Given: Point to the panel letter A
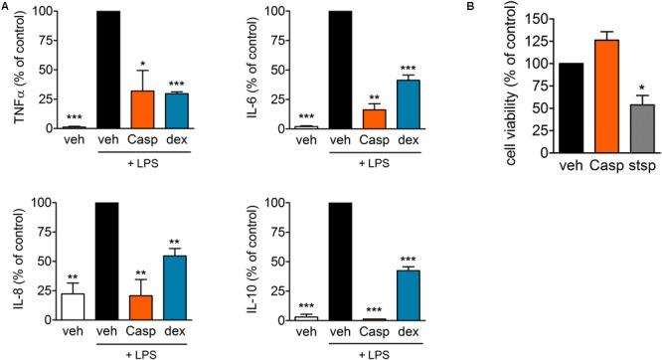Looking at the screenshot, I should pos(6,6).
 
